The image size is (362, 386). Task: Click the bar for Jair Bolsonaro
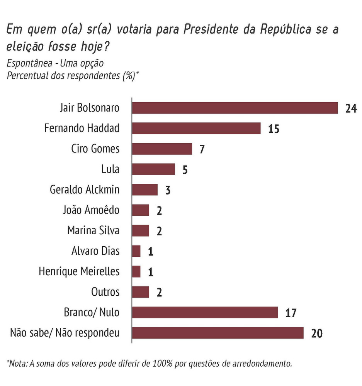coord(235,108)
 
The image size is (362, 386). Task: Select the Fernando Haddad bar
coord(196,128)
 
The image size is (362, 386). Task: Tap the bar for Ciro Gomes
coord(162,149)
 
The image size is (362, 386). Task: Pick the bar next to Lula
coord(153,169)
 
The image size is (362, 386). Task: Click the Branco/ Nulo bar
coord(205,312)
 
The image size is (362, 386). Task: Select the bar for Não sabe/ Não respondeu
coord(218,333)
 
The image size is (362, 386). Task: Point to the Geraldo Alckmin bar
coord(145,190)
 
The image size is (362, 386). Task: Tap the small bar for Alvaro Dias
coord(136,251)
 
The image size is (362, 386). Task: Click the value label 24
coord(350,108)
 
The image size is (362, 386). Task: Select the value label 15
coord(273,129)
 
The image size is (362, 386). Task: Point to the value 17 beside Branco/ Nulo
coord(290,313)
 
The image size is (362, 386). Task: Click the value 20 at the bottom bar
coord(316,334)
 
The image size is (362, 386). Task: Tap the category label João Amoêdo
coord(91,210)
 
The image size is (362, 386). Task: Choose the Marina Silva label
coord(93,230)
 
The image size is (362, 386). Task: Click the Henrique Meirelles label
coord(79,271)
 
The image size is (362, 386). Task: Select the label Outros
coord(105,292)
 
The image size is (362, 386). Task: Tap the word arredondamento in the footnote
coord(259,363)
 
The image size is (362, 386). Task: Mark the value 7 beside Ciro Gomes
coord(202,149)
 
